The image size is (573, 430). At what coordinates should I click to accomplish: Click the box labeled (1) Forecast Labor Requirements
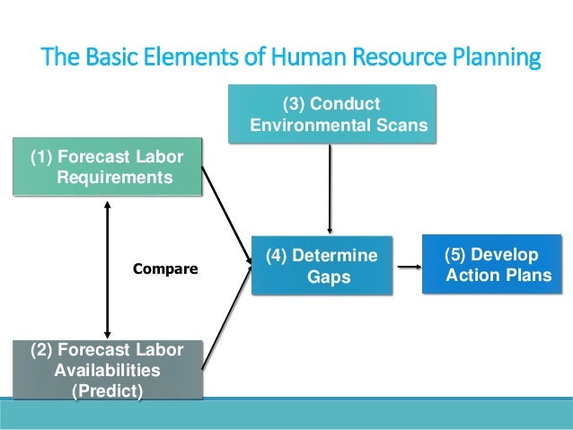107,167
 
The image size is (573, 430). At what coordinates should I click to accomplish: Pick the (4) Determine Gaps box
322,267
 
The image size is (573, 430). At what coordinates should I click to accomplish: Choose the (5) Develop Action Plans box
492,264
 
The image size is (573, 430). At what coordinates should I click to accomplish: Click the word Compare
165,268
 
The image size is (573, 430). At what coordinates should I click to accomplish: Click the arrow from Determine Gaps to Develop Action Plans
409,267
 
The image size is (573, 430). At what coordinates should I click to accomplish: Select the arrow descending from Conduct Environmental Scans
331,189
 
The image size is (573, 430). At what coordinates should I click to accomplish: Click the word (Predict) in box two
107,391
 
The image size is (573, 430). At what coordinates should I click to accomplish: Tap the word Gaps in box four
329,277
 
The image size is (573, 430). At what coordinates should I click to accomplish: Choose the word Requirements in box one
114,178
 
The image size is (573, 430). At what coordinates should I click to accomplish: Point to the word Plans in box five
529,275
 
